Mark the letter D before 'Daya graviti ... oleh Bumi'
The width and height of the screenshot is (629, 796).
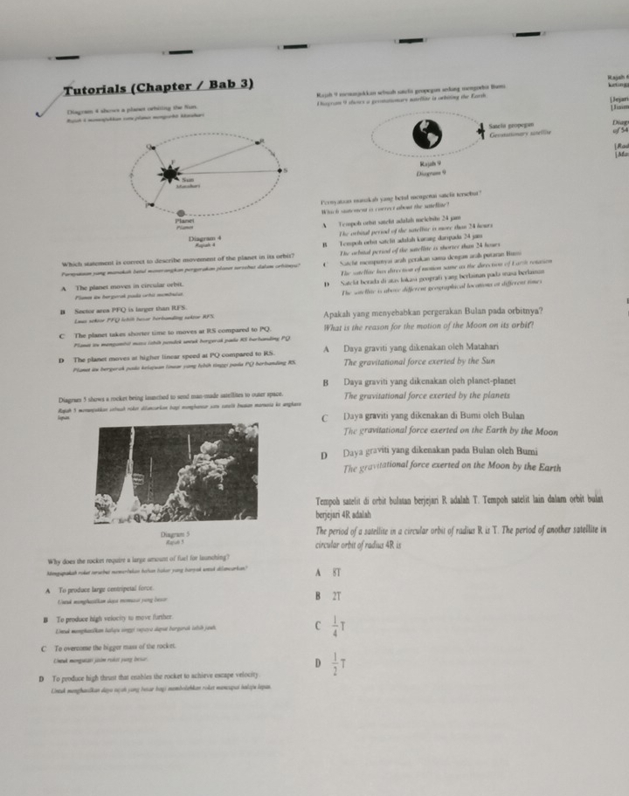pyautogui.click(x=323, y=454)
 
